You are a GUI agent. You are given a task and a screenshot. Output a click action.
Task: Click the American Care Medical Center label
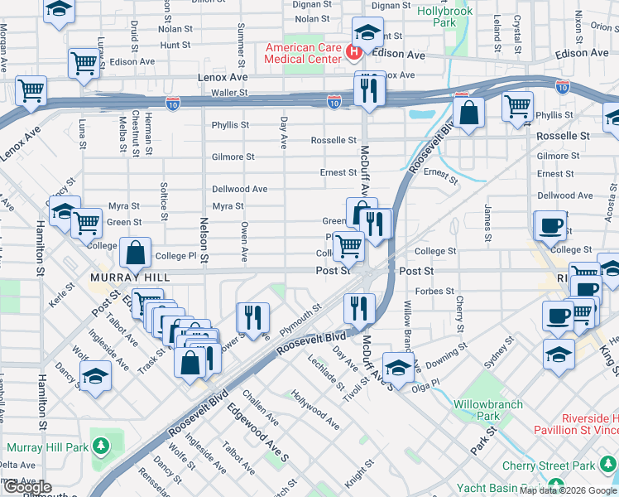303,53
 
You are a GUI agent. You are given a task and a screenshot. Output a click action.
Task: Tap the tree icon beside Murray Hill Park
101,446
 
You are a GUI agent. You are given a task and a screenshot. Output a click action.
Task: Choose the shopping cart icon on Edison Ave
83,62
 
